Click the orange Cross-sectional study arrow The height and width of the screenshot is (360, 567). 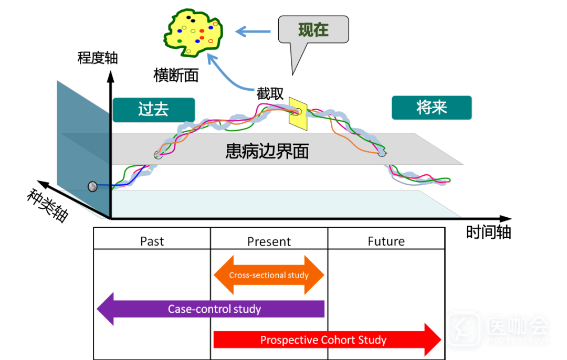269,275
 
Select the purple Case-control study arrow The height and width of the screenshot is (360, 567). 214,309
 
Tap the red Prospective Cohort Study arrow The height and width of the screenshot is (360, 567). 323,340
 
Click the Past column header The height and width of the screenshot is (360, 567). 152,241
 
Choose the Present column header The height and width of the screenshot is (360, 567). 269,241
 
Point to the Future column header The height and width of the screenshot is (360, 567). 386,241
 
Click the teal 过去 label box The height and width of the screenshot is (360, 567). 153,110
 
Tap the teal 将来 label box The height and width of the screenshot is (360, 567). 432,108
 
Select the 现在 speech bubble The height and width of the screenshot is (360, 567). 313,29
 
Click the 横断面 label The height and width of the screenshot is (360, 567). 176,76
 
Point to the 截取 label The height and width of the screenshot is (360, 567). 270,94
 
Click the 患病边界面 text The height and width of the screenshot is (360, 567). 267,152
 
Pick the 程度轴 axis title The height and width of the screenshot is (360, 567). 98,57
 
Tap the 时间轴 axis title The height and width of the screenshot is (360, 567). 488,232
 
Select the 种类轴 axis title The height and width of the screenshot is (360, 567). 47,205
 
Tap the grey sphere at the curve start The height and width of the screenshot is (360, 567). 92,186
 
